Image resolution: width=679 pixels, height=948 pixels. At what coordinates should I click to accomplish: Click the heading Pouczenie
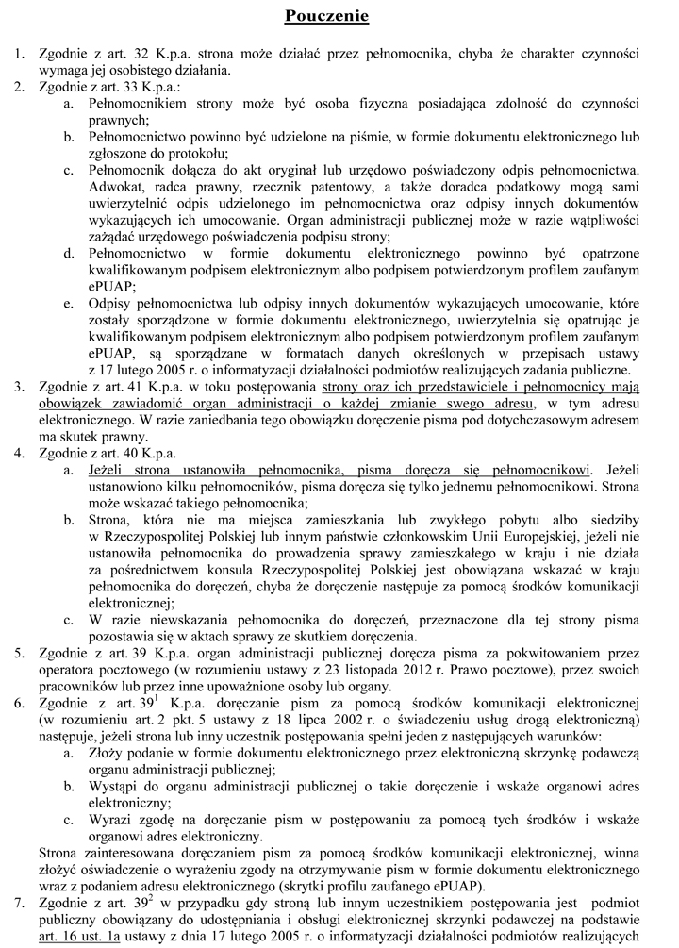point(326,17)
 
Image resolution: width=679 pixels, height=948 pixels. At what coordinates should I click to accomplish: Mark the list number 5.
point(19,653)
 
